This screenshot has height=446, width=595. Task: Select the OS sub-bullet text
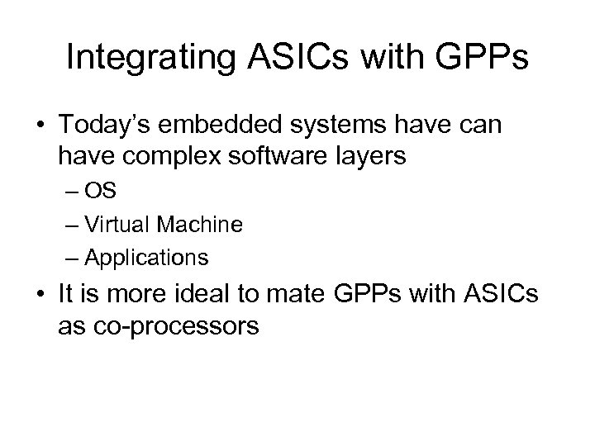(x=104, y=192)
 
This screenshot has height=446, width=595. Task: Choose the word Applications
(x=146, y=258)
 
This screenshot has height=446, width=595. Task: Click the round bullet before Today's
(x=39, y=126)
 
